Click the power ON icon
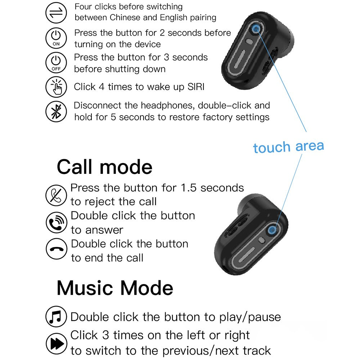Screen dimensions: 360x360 pos(56,38)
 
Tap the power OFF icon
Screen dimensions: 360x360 pos(56,63)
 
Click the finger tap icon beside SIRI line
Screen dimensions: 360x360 pos(56,87)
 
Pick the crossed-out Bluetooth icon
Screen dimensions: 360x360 pos(56,112)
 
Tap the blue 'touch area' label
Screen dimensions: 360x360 pos(288,147)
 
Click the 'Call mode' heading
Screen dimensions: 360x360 pos(104,167)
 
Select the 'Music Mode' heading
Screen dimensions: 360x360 pos(115,288)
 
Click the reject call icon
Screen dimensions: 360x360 pos(56,195)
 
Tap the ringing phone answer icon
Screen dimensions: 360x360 pos(57,223)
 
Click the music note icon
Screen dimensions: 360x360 pos(56,317)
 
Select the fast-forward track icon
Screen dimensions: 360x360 pos(57,343)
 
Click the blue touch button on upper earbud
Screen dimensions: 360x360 pos(256,29)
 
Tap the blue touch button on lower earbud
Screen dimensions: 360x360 pos(272,229)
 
